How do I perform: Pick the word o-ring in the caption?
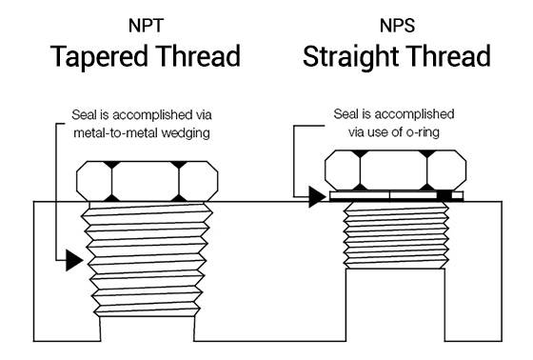[x=434, y=130]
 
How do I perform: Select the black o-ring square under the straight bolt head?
[x=444, y=195]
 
